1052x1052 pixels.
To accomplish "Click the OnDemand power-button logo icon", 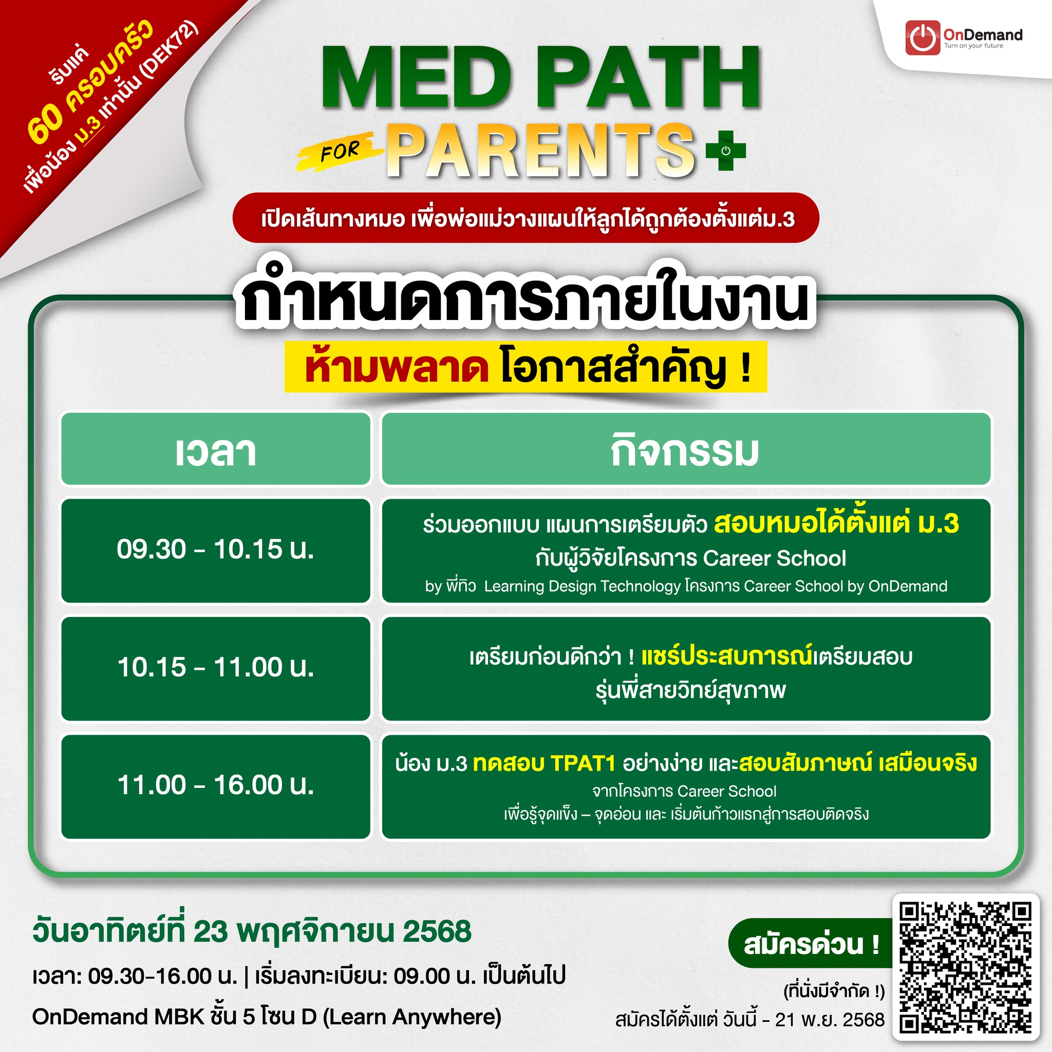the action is [923, 37].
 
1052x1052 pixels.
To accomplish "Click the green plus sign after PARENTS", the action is [725, 151].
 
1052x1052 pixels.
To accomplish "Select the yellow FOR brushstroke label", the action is [339, 151].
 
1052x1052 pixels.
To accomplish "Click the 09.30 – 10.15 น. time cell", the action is [216, 551].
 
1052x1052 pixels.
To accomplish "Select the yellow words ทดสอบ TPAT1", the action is [544, 763].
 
